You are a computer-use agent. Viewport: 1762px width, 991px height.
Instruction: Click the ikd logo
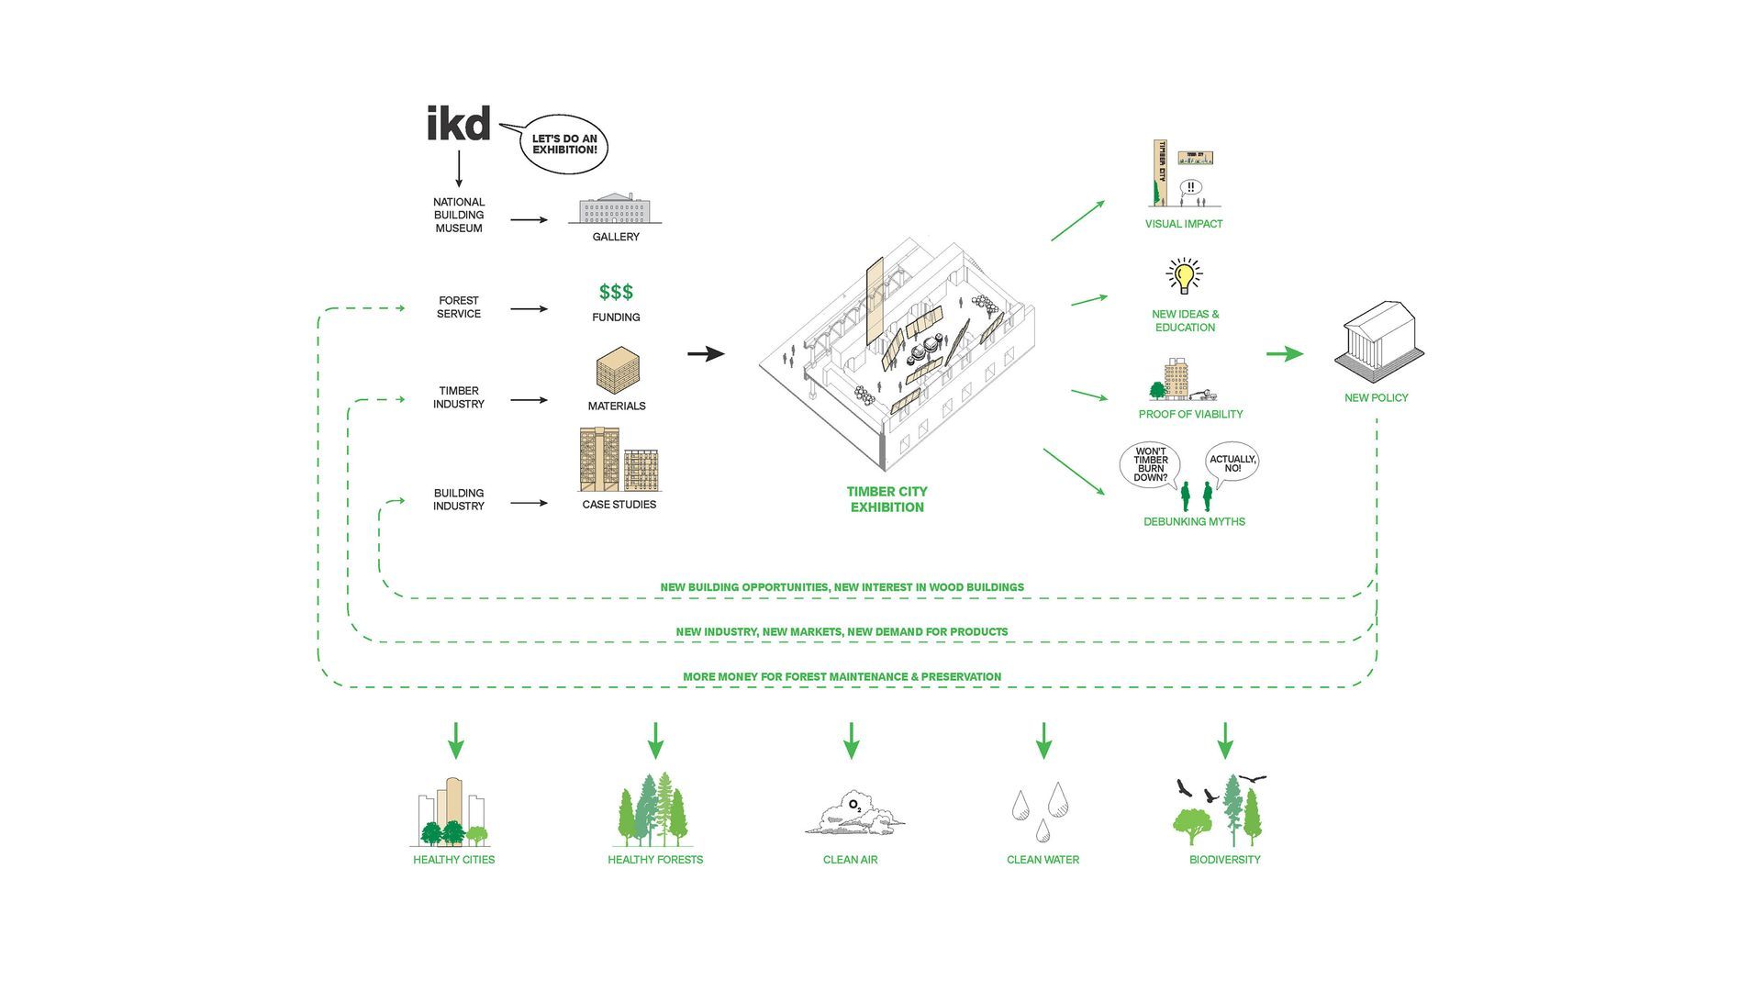click(x=459, y=123)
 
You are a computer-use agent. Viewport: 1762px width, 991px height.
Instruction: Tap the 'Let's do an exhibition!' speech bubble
click(x=563, y=144)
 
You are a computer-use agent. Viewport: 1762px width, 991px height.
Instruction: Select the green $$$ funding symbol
click(x=616, y=292)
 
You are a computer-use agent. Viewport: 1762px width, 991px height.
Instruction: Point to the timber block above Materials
click(x=618, y=371)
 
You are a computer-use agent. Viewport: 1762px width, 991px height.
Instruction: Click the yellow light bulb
click(x=1184, y=275)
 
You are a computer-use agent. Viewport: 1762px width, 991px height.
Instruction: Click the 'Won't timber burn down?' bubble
click(x=1150, y=464)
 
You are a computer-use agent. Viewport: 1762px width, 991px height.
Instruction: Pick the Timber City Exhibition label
click(x=887, y=499)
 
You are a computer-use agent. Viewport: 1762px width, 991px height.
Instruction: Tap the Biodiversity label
click(x=1224, y=860)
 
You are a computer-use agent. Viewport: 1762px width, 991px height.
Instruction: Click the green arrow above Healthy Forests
click(x=655, y=740)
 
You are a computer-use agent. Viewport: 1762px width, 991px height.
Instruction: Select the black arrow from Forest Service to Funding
click(x=529, y=309)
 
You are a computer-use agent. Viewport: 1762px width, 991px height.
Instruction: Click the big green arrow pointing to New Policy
click(x=1285, y=354)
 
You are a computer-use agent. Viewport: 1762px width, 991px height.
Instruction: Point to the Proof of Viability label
click(x=1190, y=414)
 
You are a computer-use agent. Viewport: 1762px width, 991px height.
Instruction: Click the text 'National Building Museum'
click(x=459, y=215)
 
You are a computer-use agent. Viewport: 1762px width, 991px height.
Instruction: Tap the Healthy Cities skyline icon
click(x=451, y=812)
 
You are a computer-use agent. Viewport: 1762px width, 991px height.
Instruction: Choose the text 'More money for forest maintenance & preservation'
click(x=842, y=677)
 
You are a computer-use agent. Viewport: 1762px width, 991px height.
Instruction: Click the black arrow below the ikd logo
click(x=459, y=169)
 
